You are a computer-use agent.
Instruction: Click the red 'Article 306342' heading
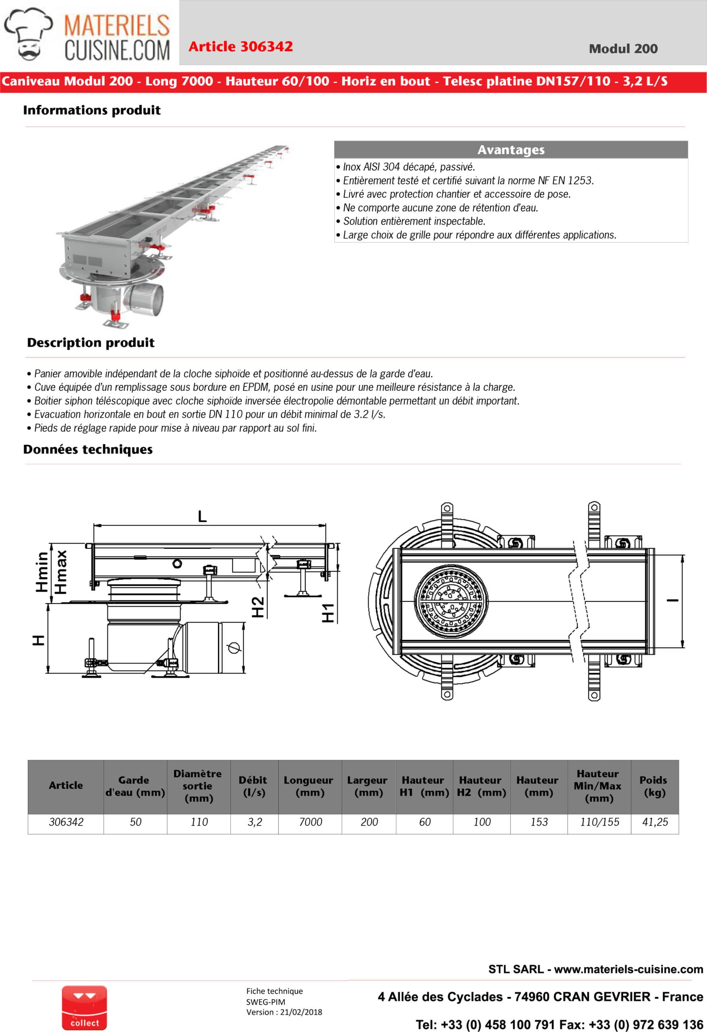click(x=240, y=47)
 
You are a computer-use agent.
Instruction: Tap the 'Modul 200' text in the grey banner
click(x=623, y=49)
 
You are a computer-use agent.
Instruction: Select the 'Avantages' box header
click(x=510, y=150)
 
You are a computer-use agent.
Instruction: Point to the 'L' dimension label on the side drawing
click(x=202, y=516)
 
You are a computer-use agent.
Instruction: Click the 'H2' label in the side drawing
click(x=258, y=607)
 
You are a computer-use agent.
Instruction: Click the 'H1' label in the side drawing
click(x=328, y=613)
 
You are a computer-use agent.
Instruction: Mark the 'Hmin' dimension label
click(x=42, y=572)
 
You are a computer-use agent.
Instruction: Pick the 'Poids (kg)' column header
click(x=654, y=786)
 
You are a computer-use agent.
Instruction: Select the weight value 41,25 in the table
click(x=655, y=822)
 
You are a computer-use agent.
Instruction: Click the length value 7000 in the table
click(x=310, y=822)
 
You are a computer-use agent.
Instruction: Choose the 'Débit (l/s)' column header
click(x=254, y=786)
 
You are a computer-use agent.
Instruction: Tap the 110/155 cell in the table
click(x=599, y=822)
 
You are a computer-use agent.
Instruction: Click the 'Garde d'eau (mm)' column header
click(x=135, y=786)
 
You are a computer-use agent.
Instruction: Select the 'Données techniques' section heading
click(x=88, y=449)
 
